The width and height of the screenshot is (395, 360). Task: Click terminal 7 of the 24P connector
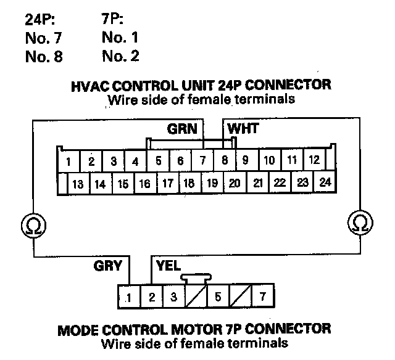click(202, 162)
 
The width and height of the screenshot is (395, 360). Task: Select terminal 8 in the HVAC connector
click(225, 162)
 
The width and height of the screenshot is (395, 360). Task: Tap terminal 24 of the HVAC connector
click(325, 182)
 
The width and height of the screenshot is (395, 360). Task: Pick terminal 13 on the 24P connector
click(78, 184)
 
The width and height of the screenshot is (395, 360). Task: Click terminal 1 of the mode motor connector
click(129, 297)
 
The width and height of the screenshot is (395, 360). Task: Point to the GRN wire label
click(182, 130)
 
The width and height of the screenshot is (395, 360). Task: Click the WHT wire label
click(243, 130)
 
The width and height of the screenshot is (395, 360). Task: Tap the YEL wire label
click(168, 267)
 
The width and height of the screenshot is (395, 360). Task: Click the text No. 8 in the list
click(44, 57)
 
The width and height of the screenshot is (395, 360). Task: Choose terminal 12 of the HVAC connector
click(314, 160)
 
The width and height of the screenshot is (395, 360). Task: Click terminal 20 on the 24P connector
click(235, 183)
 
